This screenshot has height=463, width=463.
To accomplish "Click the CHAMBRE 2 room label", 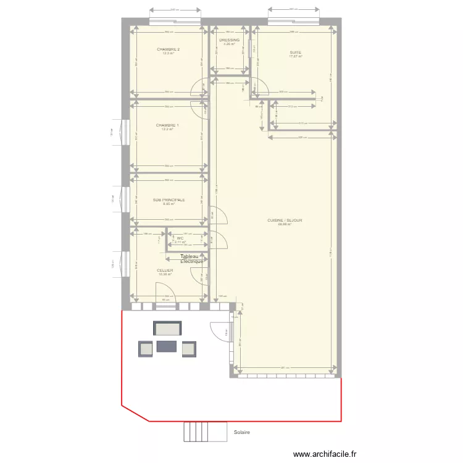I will tap(168, 49).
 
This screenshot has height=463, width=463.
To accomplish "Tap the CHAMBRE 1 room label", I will tap(167, 125).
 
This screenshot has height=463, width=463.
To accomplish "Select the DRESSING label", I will tap(229, 40).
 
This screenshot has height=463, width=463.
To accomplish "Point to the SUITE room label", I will tap(295, 52).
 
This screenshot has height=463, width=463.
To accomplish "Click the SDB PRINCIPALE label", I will tap(169, 200).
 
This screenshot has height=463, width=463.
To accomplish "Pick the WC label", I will tap(180, 238).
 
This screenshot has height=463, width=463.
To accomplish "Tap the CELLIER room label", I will tap(165, 270).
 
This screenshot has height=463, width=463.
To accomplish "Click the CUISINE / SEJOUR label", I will tap(285, 220).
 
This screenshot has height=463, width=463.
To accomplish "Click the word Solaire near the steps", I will tap(241, 432).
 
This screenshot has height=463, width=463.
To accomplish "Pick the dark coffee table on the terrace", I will tap(167, 346).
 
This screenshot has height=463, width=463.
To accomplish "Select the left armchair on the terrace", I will tap(146, 349).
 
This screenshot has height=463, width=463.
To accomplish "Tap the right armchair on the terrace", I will tap(188, 349).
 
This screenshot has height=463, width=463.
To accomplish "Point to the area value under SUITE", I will tap(295, 57).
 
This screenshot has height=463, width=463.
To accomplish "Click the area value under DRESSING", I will tap(229, 44).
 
